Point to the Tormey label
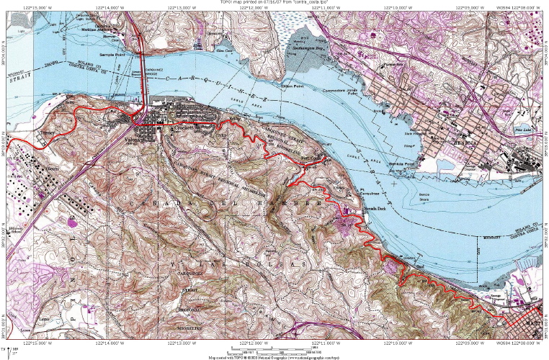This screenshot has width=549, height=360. click(x=48, y=134)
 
